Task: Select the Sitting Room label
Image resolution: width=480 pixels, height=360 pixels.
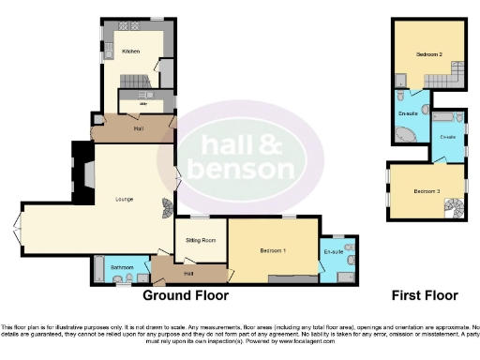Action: tap(201, 240)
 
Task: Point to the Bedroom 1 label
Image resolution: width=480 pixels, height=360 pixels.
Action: tap(273, 251)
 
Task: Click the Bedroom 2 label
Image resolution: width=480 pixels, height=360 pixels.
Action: tap(429, 54)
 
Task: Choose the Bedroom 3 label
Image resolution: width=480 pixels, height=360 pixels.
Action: tap(427, 191)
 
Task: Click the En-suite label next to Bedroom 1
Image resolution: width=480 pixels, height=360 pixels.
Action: tap(334, 251)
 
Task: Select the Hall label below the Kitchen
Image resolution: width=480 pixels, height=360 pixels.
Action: tap(138, 127)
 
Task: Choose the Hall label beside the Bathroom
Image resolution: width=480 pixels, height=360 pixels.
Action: tap(189, 273)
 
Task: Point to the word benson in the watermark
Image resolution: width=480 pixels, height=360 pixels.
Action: tap(243, 170)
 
